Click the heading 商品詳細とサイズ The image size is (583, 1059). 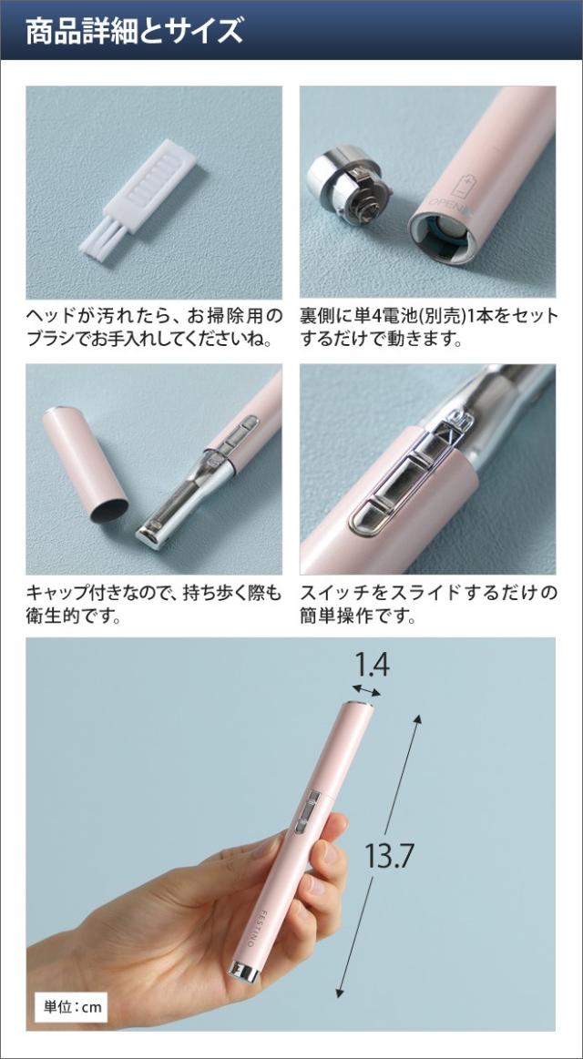coord(135,31)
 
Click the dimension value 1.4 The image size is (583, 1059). coord(372,666)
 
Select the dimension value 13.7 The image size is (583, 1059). coord(390,856)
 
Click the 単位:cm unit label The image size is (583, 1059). coord(74,1006)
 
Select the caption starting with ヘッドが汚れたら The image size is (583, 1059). coord(153,327)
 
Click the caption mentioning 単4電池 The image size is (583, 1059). coord(428,327)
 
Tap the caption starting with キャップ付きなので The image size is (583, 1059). coord(153,604)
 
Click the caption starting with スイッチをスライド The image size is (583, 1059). coord(428,604)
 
